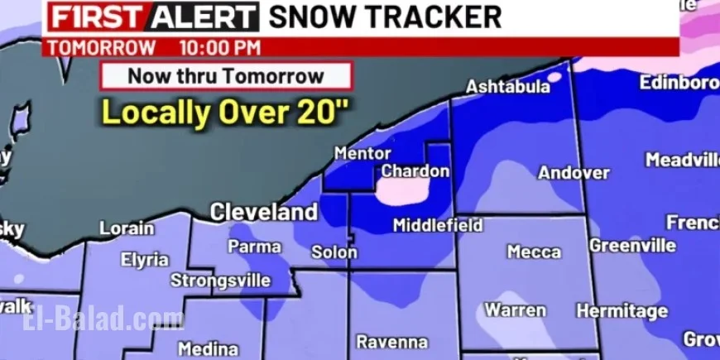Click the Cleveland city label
(263, 212)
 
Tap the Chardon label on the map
(415, 171)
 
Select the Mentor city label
(362, 153)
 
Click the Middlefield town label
(438, 225)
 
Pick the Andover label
(574, 173)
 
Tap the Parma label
(254, 246)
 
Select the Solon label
(334, 252)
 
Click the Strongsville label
(220, 281)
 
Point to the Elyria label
(145, 260)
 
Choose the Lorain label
(127, 228)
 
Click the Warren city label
(515, 310)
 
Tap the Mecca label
(534, 252)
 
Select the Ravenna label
(392, 342)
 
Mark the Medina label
(208, 348)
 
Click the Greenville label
(632, 246)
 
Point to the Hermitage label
(622, 311)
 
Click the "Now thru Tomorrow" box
(226, 77)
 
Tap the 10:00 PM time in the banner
(218, 48)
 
